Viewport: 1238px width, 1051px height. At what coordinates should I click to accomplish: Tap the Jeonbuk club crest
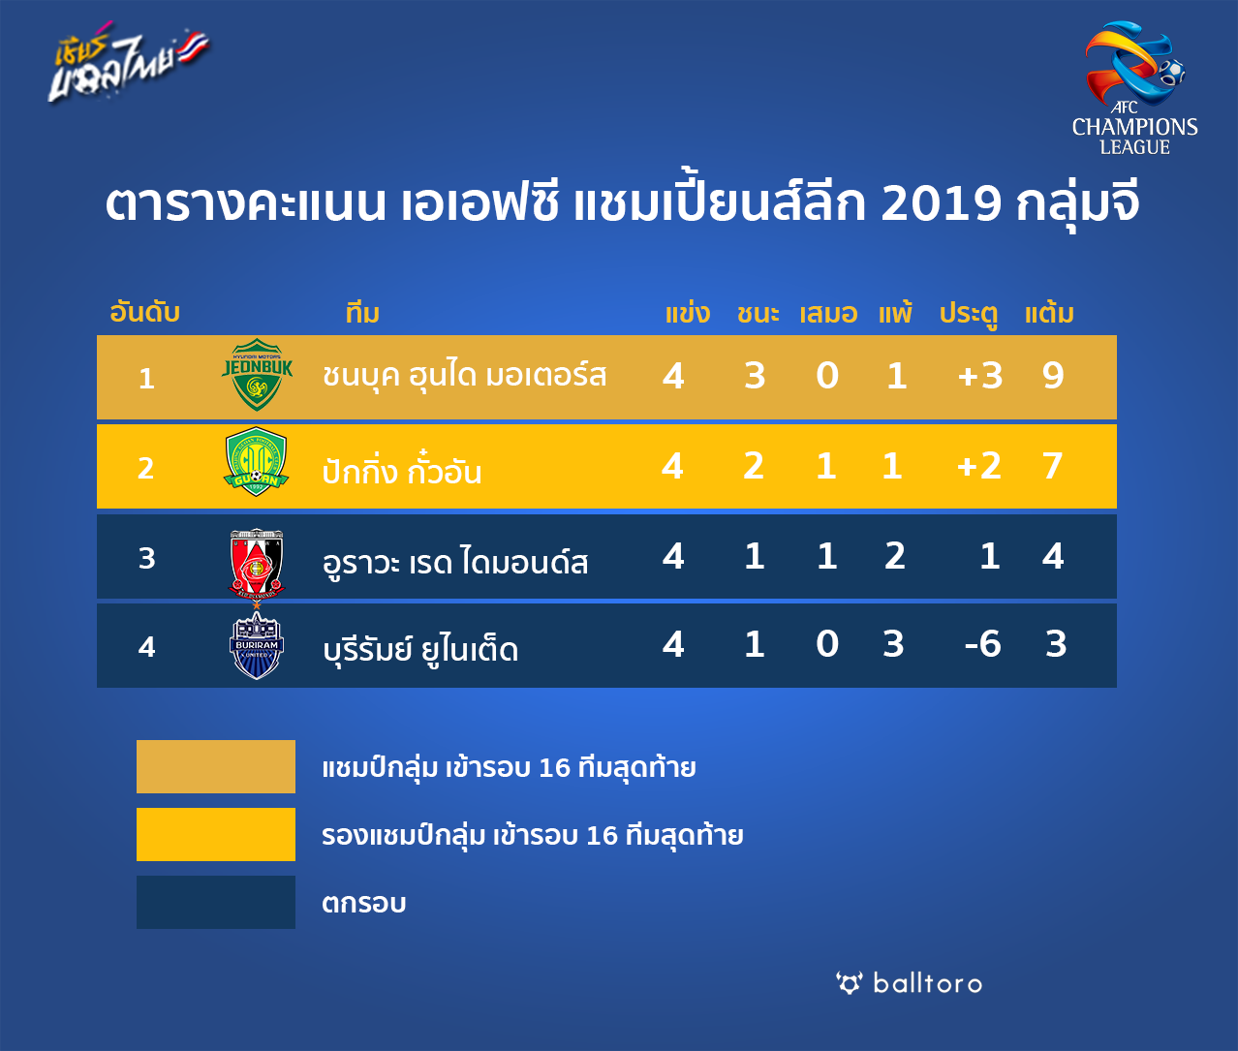pos(257,374)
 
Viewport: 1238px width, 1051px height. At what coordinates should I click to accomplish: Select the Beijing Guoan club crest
pos(257,461)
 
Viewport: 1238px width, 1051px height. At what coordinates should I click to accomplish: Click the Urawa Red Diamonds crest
pos(257,563)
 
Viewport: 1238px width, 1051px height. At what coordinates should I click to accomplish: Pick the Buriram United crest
pos(257,645)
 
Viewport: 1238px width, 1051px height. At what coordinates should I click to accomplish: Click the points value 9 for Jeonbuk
pos(1054,376)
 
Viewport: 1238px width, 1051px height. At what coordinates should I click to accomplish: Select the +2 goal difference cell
pos(979,466)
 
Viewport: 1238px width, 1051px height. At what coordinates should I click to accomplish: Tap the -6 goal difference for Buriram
pos(983,644)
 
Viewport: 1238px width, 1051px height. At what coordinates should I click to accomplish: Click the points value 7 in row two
pos(1053,466)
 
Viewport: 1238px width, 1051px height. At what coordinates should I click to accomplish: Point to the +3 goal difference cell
pos(980,376)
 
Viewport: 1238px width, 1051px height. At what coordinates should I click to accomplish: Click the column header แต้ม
pos(1049,313)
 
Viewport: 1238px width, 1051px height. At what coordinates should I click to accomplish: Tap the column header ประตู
pos(969,314)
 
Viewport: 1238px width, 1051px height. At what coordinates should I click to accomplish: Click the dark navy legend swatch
pos(216,902)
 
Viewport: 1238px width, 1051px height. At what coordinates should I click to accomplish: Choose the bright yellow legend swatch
pos(216,834)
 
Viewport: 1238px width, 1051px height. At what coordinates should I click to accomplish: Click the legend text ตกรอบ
pos(363,903)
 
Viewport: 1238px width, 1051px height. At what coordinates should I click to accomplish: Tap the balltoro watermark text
pos(928,984)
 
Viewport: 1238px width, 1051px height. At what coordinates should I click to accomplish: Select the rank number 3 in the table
pos(146,558)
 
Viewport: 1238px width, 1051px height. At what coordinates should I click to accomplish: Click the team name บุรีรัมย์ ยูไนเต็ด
pos(420,649)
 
